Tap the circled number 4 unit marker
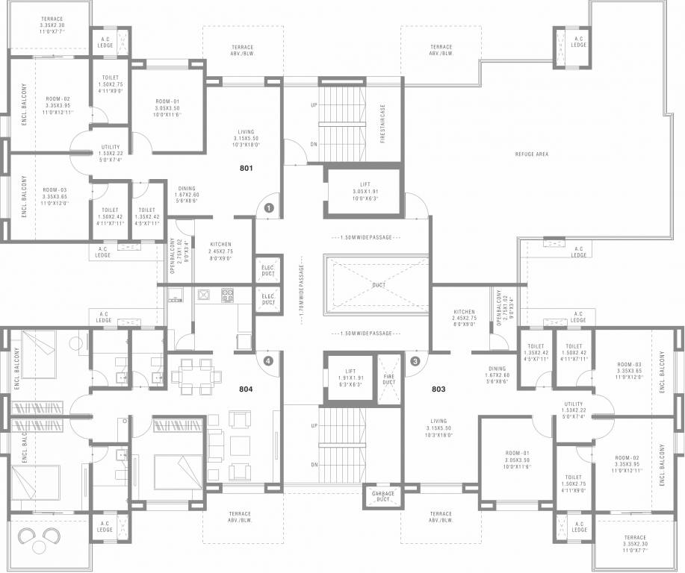(268, 360)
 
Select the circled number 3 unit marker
(415, 361)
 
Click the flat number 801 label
(247, 168)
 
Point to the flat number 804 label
(246, 389)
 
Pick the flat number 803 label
(438, 389)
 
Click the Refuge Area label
(532, 154)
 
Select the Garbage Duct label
(379, 496)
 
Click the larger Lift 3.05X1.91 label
(365, 191)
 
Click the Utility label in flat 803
(574, 409)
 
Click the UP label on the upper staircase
(314, 105)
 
